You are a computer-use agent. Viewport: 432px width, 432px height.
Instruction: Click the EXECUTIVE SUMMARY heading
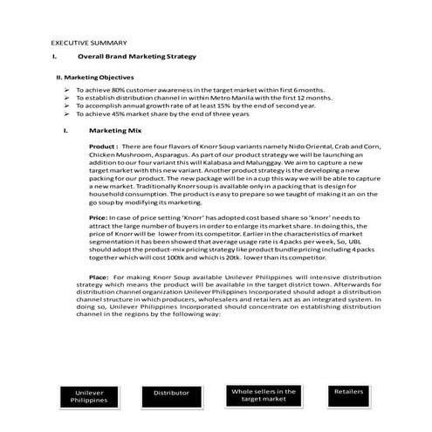point(89,42)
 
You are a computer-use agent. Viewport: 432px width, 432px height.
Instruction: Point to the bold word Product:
point(104,147)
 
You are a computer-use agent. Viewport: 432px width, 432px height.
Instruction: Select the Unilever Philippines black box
point(91,397)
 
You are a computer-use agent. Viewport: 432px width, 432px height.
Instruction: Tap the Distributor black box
point(171,394)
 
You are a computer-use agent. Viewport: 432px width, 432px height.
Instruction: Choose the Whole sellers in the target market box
point(257,395)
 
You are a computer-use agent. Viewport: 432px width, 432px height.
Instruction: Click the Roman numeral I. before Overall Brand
point(54,57)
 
